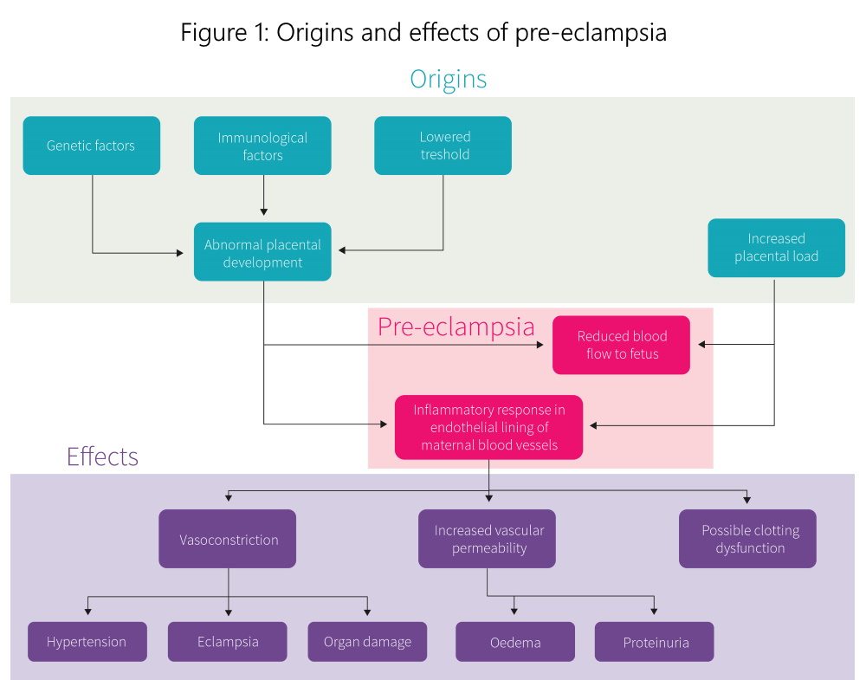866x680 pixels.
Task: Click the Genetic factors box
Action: click(x=91, y=146)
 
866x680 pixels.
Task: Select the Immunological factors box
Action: click(x=262, y=146)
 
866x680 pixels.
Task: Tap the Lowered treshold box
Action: click(x=443, y=146)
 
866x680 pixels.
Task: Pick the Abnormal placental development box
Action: click(x=262, y=252)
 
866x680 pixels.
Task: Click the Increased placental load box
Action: click(x=776, y=248)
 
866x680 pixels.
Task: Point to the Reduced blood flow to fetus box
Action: click(x=621, y=345)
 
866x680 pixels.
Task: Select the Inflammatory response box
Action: click(x=488, y=427)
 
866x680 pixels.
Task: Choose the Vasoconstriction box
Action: click(x=228, y=539)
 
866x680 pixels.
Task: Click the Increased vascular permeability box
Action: click(x=488, y=539)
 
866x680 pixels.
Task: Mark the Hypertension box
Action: click(x=87, y=642)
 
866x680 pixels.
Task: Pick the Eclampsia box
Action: click(x=228, y=642)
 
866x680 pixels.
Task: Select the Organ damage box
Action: click(x=367, y=642)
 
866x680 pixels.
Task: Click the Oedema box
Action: click(x=515, y=642)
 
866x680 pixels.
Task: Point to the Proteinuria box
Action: click(x=654, y=642)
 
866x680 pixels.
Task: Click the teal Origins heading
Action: click(x=448, y=79)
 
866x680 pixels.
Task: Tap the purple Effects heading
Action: click(x=102, y=457)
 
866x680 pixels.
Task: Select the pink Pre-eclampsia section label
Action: click(x=456, y=327)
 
